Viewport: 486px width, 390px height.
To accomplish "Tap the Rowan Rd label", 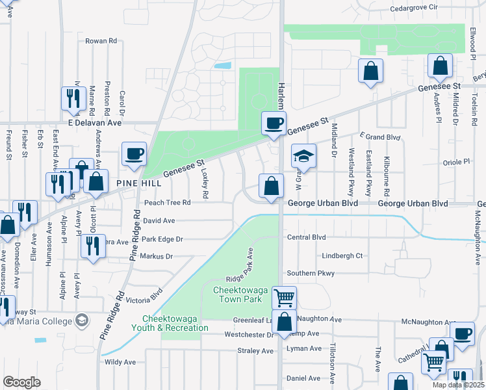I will tap(101, 40).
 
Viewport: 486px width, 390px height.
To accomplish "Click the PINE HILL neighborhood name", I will tap(138, 184).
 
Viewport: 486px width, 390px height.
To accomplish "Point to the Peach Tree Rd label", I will tap(167, 203).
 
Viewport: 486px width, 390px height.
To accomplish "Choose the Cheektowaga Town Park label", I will tap(237, 294).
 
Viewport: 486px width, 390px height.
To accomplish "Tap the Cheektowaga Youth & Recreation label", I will tap(175, 323).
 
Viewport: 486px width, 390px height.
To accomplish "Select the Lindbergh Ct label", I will tap(342, 255).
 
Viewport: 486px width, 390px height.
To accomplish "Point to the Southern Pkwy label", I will tap(311, 274).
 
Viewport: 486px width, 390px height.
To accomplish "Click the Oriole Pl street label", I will tap(455, 162).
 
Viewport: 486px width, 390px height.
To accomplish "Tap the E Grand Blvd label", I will tap(380, 137).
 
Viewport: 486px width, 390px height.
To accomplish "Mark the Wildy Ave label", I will tap(120, 362).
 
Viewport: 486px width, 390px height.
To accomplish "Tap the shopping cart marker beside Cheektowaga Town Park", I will tap(284, 298).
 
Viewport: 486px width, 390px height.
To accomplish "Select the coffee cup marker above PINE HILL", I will tap(134, 154).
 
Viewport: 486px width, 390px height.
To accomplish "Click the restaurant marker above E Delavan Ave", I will tap(71, 98).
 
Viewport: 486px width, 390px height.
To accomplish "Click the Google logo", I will tap(21, 382).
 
